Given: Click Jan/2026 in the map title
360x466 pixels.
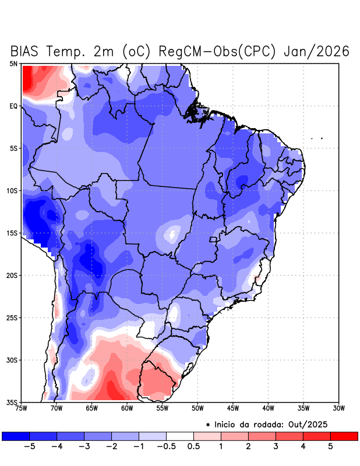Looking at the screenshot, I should [x=316, y=51].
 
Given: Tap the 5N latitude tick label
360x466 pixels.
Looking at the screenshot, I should [x=13, y=63].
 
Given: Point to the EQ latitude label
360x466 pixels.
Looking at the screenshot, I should [x=13, y=106].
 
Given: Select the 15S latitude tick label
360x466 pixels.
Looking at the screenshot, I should [x=12, y=233].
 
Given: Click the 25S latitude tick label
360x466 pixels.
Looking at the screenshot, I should [x=12, y=317].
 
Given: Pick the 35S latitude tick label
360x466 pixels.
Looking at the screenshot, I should [x=12, y=402].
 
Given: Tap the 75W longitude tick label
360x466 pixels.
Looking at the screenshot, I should [x=22, y=408].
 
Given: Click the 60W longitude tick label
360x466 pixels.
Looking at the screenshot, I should [x=127, y=408].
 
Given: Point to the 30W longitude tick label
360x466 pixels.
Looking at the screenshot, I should [x=339, y=408].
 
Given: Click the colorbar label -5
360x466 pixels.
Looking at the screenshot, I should [x=27, y=446].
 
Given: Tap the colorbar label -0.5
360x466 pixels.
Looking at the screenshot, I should [x=165, y=446].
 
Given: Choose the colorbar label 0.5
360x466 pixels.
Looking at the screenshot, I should [x=193, y=446].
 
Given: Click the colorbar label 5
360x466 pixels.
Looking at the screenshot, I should [x=330, y=446].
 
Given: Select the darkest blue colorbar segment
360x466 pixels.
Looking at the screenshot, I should [x=16, y=436].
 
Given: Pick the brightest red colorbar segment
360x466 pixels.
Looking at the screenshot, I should [x=344, y=436].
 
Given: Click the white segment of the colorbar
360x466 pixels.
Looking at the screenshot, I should [x=179, y=436].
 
